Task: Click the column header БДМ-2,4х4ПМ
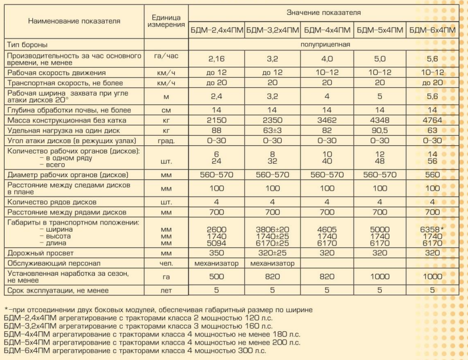pos(217,30)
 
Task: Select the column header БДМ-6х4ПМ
pos(433,30)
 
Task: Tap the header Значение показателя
pos(323,12)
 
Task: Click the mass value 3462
pos(326,120)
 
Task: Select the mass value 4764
pos(432,120)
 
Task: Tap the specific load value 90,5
pos(380,130)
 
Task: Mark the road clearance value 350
pos(216,253)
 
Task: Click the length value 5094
pos(216,243)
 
